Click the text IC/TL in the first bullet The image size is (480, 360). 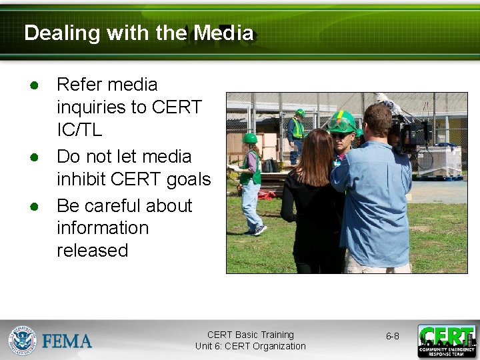79,130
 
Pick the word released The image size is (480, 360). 92,251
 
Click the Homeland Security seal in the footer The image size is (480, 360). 22,340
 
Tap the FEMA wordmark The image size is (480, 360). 67,341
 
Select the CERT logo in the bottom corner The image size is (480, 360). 447,341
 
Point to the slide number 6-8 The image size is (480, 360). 393,336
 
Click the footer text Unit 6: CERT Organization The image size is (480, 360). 250,346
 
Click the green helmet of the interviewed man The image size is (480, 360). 341,121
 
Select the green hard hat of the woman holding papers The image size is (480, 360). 250,139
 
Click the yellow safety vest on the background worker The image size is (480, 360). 297,128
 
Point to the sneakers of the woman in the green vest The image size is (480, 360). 259,230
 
